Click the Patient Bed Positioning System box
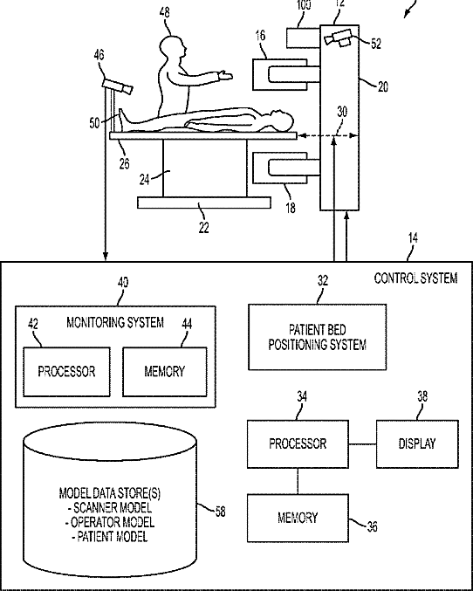tap(317, 337)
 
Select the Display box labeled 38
tap(417, 444)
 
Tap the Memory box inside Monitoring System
tap(165, 372)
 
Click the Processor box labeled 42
tap(66, 372)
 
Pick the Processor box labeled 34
tap(298, 444)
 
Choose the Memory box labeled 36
tap(298, 518)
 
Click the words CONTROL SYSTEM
tap(415, 278)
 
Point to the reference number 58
tap(221, 512)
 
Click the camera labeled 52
tap(338, 38)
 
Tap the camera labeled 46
tap(118, 86)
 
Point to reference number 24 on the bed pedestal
tap(144, 180)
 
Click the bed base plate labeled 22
tap(204, 203)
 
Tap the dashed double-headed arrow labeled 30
tap(327, 135)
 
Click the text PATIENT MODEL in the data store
tap(112, 537)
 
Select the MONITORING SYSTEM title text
tap(115, 323)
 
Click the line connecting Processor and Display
tap(362, 444)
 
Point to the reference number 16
tap(260, 36)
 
